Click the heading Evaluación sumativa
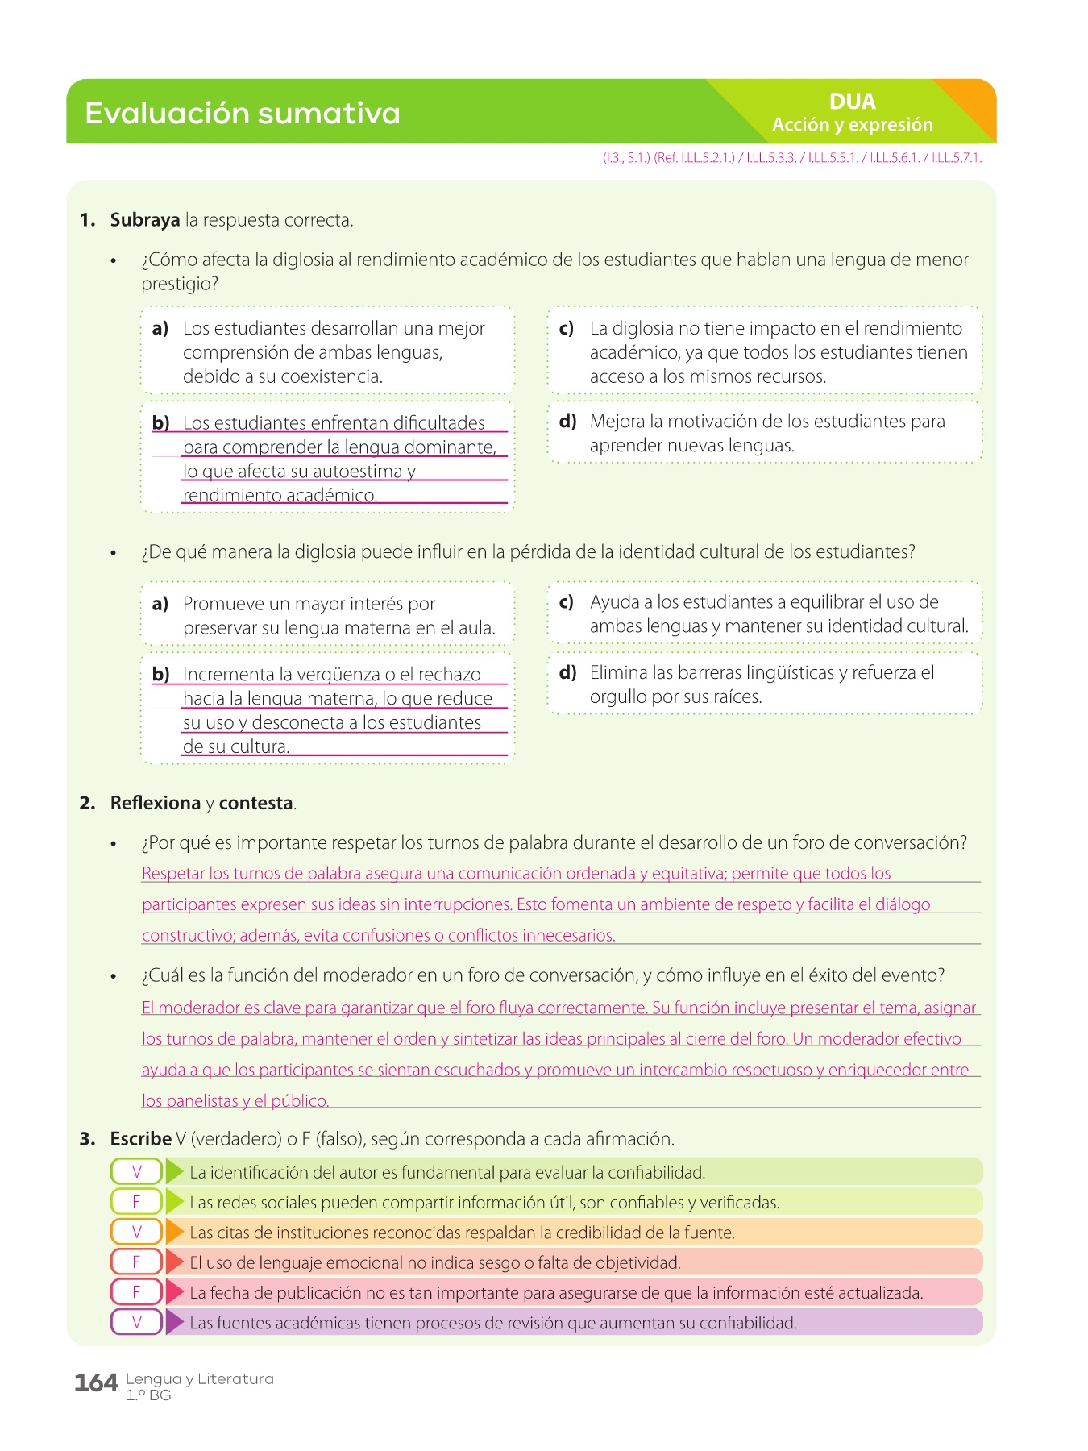point(242,113)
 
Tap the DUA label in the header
point(852,102)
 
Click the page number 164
point(96,1383)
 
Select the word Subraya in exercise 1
point(145,220)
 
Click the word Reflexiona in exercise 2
point(156,803)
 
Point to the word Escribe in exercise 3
point(141,1139)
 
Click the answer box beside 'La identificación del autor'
point(136,1172)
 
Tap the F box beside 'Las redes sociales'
point(136,1202)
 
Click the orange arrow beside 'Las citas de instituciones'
point(175,1233)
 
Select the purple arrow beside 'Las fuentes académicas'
point(175,1323)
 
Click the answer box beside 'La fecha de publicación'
point(136,1292)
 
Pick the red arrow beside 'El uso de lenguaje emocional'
point(175,1262)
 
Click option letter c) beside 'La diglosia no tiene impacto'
point(567,329)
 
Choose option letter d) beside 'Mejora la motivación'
point(567,422)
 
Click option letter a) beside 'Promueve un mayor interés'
point(160,604)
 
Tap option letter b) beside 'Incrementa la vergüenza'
point(160,675)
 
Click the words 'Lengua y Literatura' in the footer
point(199,1378)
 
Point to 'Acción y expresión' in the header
point(852,125)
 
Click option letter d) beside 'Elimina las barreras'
point(567,673)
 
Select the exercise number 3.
point(87,1139)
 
